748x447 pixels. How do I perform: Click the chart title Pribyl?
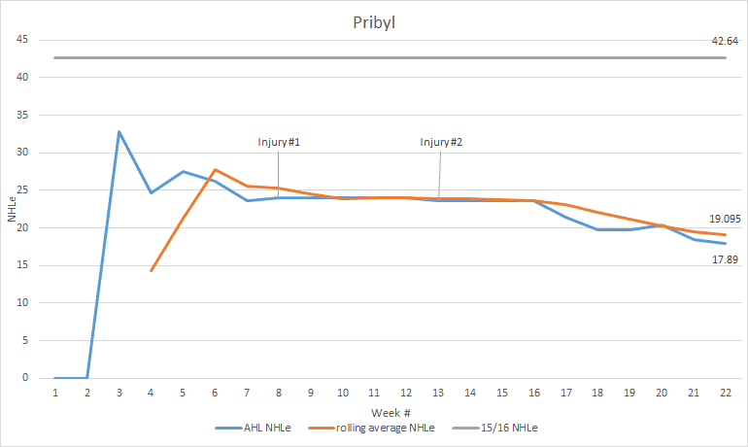[x=374, y=21]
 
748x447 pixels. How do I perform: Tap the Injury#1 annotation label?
[x=279, y=142]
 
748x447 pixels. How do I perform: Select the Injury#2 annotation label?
[x=441, y=142]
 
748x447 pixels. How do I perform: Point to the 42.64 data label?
[x=725, y=41]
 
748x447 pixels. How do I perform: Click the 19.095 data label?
[x=723, y=221]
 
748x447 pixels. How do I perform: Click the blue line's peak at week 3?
[x=119, y=131]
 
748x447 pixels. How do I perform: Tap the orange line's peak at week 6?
[x=215, y=170]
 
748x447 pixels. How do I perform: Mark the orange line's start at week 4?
[x=151, y=270]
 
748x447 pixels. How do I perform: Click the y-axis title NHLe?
[x=12, y=208]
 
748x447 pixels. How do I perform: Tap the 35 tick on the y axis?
[x=21, y=115]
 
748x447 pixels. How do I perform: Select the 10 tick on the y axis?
[x=21, y=303]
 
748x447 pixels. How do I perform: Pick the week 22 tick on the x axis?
[x=725, y=392]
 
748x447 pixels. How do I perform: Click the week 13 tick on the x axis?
[x=438, y=392]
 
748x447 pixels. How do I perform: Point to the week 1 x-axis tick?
[x=55, y=392]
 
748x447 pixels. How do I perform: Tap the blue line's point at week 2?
[x=87, y=378]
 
